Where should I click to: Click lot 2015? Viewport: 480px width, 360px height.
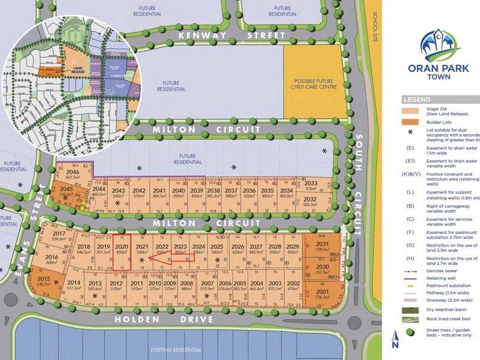pyautogui.click(x=44, y=282)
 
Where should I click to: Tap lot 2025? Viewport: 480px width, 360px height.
pyautogui.click(x=217, y=249)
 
